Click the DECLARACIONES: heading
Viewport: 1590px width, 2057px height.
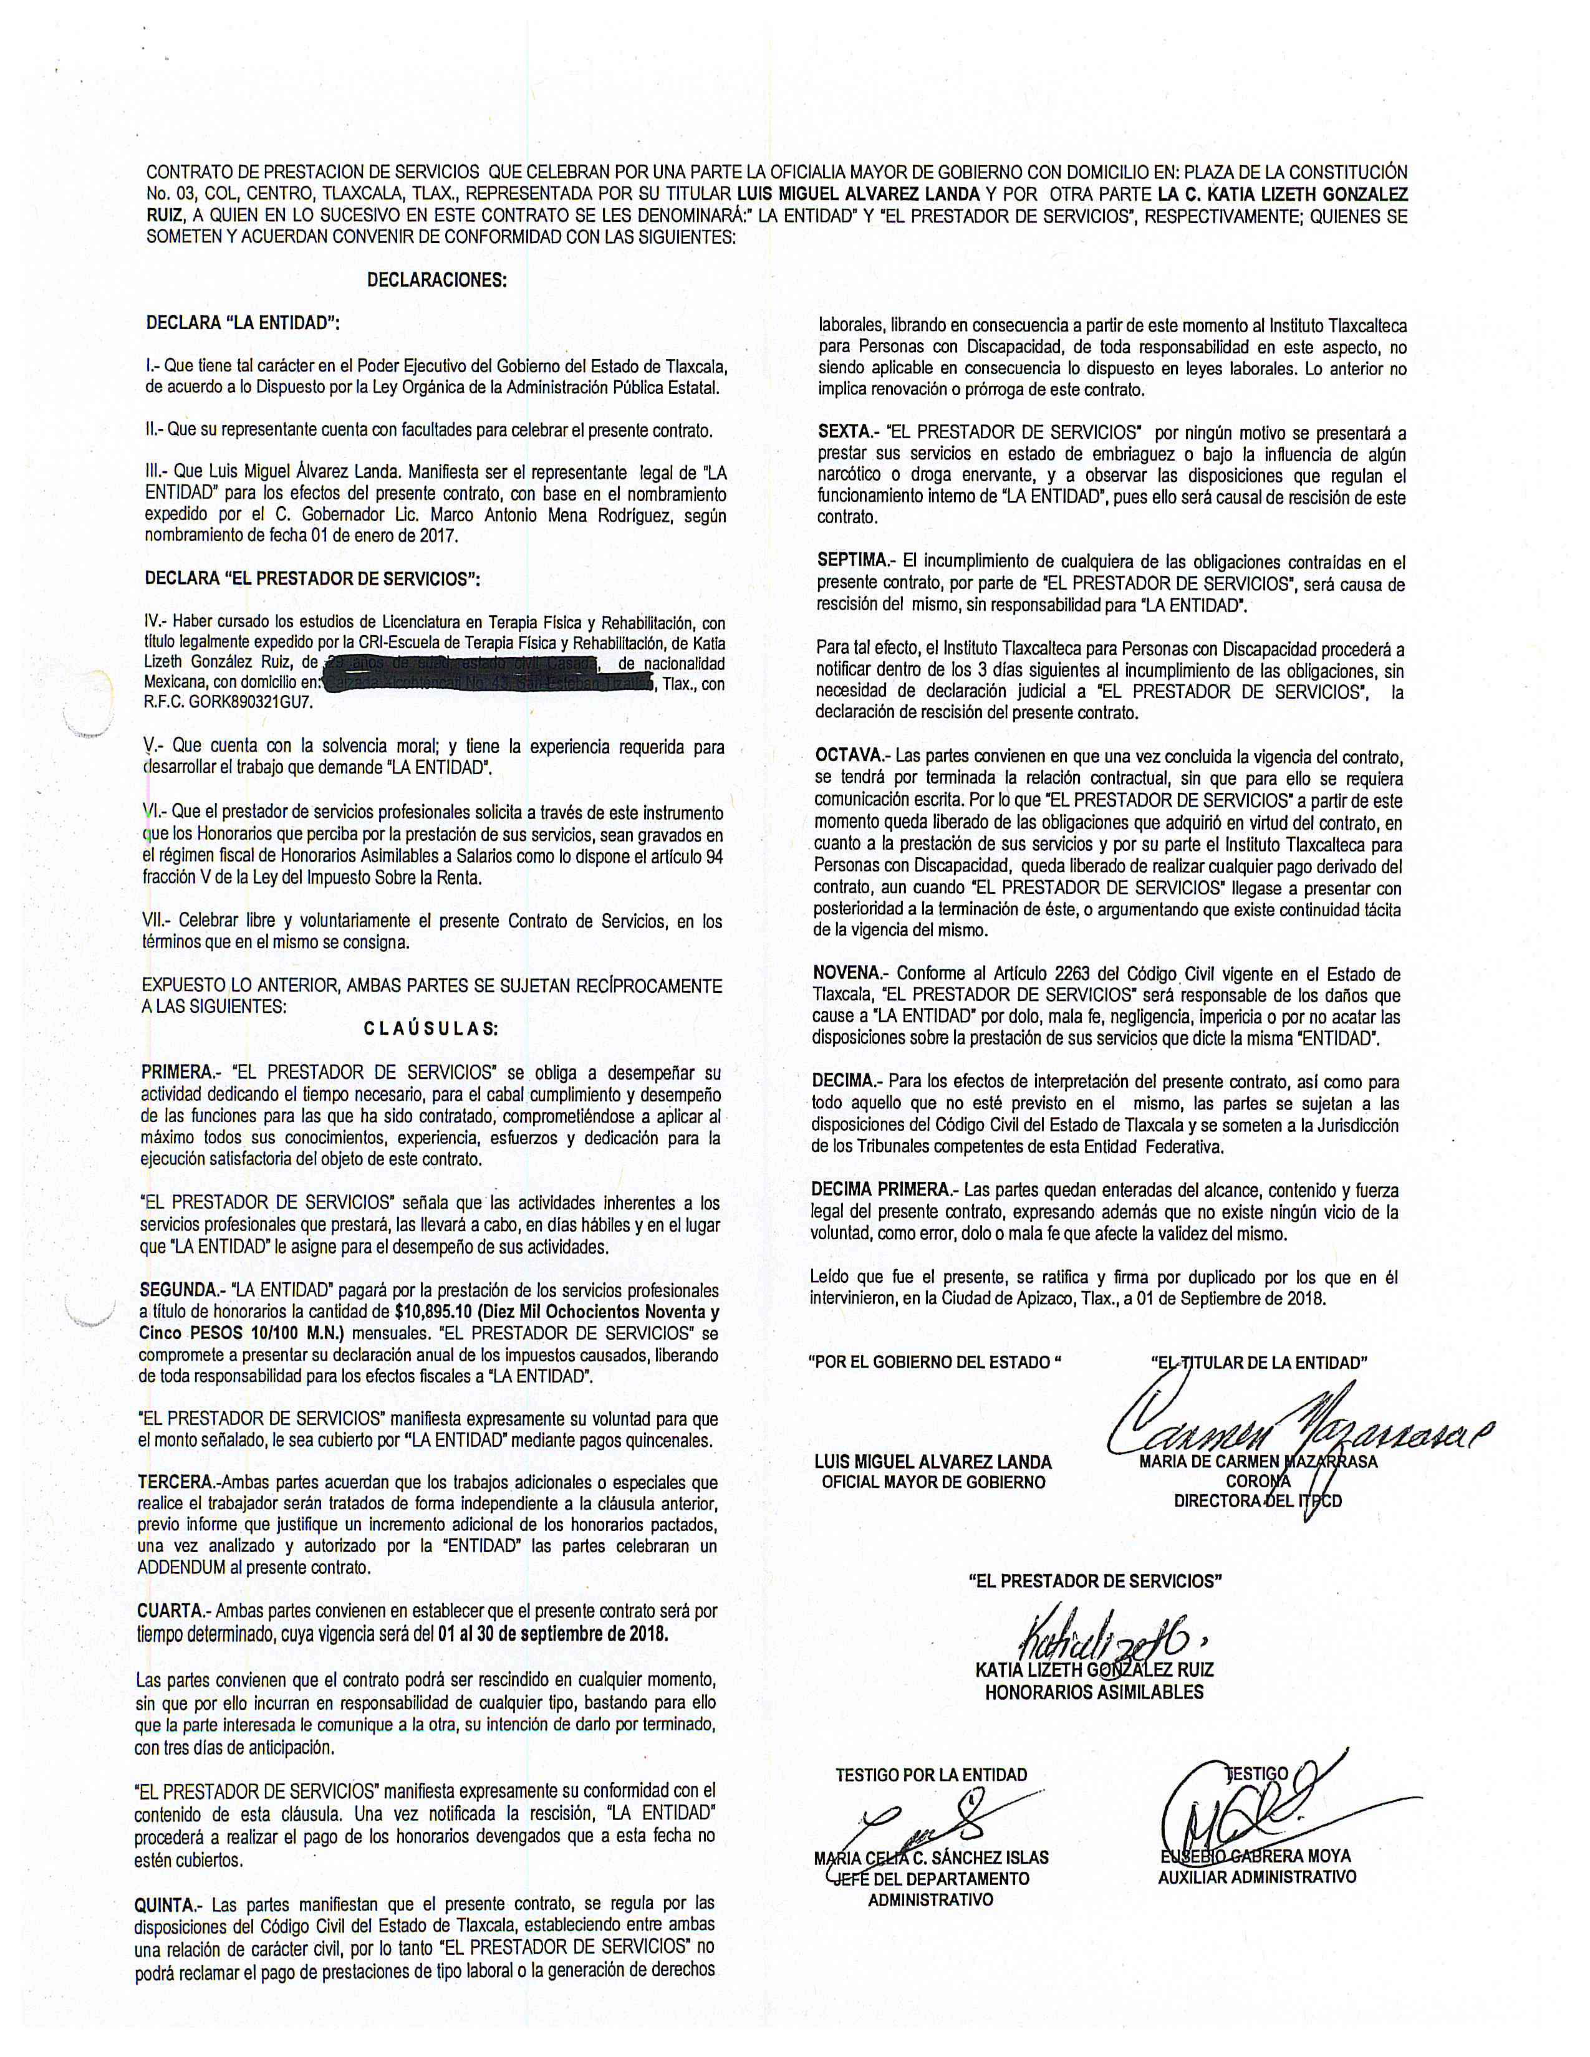pos(436,280)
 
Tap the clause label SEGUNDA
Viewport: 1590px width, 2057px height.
pos(178,1290)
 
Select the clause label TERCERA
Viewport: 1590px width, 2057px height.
pos(176,1482)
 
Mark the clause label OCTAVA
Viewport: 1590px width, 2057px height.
pos(849,756)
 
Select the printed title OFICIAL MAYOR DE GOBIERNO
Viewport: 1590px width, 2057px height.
pos(933,1482)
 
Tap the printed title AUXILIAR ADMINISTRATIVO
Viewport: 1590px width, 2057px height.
pos(1256,1876)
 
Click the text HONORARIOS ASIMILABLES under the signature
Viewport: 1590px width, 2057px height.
pos(1094,1692)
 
